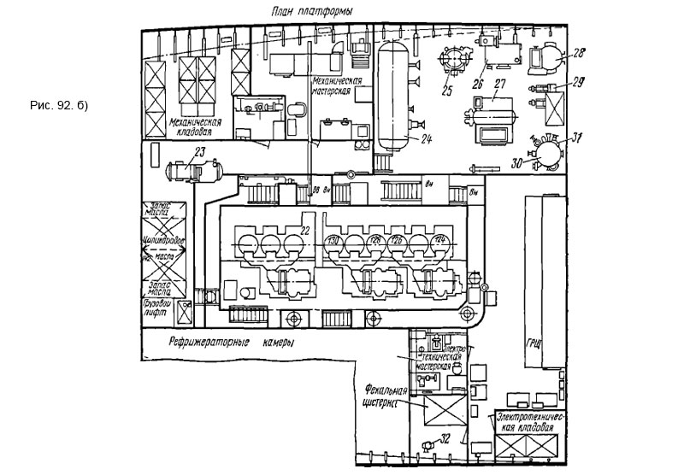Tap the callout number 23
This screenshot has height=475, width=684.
199,152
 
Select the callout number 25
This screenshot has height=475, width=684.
447,88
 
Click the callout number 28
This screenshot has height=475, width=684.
578,53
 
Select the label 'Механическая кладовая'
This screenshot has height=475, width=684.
195,126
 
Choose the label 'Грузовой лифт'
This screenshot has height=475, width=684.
157,308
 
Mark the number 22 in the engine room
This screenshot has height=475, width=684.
304,230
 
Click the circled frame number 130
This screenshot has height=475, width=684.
334,242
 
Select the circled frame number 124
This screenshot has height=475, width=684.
440,240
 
